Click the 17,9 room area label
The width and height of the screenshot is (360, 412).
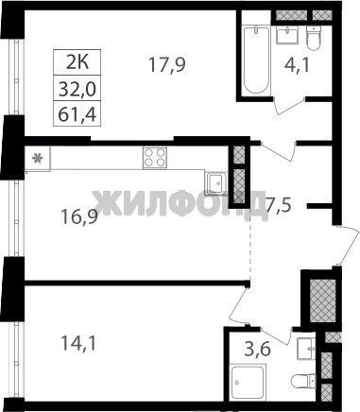(x=167, y=65)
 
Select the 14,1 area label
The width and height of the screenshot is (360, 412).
(x=78, y=343)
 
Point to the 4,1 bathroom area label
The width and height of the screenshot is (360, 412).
(x=296, y=66)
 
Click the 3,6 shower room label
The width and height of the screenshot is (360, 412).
(x=258, y=349)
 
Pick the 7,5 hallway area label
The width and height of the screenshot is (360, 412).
(x=278, y=205)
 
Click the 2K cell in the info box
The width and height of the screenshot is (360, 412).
(x=77, y=62)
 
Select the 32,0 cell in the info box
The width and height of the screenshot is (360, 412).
(x=77, y=88)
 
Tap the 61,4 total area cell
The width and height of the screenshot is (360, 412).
(x=77, y=113)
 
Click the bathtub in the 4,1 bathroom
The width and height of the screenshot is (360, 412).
(x=257, y=60)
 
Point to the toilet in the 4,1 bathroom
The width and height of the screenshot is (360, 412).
(x=314, y=39)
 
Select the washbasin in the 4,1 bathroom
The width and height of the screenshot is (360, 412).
(x=287, y=35)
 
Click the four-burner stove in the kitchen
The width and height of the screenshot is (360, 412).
(x=155, y=158)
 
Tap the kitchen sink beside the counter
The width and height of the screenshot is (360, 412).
(x=215, y=182)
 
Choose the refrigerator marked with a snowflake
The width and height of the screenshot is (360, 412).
(x=38, y=158)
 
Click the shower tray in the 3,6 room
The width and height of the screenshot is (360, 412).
(x=248, y=382)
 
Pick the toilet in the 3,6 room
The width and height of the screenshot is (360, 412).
(x=303, y=381)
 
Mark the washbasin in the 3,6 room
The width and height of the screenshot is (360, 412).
(x=306, y=349)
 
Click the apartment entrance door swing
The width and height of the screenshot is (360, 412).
(x=348, y=245)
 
